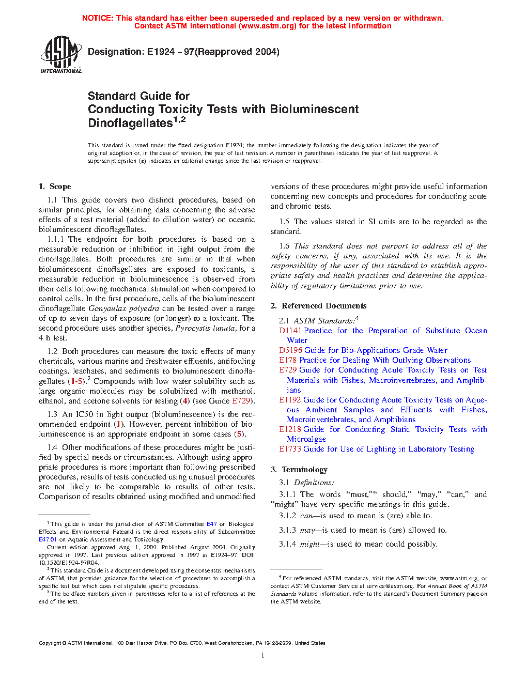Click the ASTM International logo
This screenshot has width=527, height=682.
[61, 54]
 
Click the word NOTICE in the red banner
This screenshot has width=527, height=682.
[98, 18]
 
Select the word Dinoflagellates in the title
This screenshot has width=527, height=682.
[130, 123]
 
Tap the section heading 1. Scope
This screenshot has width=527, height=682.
[55, 187]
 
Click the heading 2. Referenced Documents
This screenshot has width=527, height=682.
[318, 306]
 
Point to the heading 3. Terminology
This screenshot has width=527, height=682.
[299, 470]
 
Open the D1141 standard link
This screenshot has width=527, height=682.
[290, 331]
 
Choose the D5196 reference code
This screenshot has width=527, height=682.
[290, 350]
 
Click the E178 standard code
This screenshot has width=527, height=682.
[288, 360]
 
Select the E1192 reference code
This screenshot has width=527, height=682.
[290, 400]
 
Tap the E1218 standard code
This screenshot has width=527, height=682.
[290, 429]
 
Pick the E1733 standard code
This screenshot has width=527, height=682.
[290, 449]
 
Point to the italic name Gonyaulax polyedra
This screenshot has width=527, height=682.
[123, 308]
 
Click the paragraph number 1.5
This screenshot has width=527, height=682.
[284, 222]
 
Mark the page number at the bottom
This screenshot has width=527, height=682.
[263, 656]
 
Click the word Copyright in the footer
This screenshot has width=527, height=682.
[50, 643]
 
